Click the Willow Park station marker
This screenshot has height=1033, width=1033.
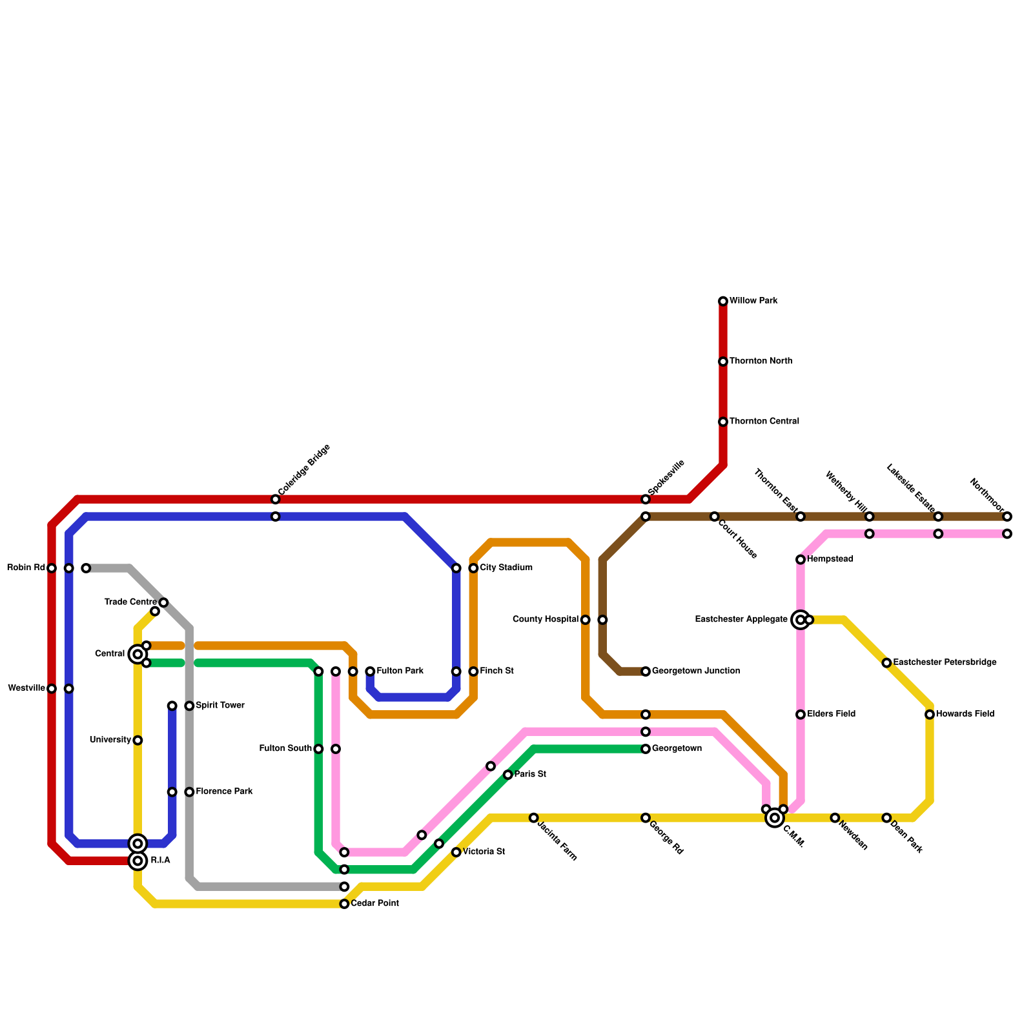point(723,302)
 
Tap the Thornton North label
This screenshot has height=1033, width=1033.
point(761,362)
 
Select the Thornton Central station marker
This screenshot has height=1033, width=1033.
point(723,422)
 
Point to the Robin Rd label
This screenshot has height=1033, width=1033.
point(26,568)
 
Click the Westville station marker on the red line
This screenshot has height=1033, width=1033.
point(52,689)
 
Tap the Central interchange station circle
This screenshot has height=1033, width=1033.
point(138,655)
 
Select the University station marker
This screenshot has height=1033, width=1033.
point(138,741)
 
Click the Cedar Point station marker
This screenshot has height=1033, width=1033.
point(344,904)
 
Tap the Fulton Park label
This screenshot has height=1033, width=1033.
point(400,671)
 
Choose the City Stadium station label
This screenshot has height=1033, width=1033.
point(506,568)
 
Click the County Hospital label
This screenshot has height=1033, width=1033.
point(545,620)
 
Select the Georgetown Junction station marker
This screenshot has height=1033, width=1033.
point(646,671)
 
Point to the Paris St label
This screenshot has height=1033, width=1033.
point(530,775)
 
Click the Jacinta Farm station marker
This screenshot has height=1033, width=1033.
point(533,818)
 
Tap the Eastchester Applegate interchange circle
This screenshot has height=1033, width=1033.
point(801,620)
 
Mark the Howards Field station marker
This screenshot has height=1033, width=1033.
point(930,715)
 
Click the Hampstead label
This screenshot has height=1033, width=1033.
point(830,559)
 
